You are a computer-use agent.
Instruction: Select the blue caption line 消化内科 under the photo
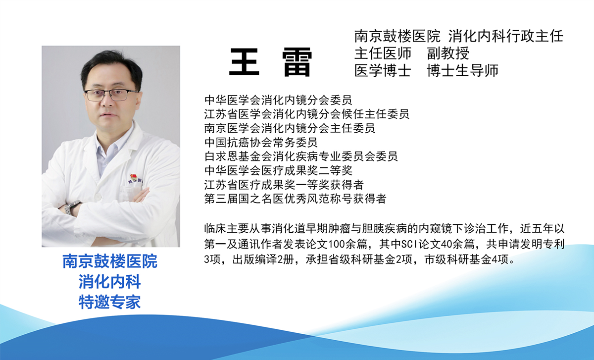click(110, 282)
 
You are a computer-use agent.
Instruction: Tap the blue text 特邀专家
click(110, 301)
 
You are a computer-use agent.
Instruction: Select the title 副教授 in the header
click(448, 53)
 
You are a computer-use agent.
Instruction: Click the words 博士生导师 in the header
click(462, 70)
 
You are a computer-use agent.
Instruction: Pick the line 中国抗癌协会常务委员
click(261, 143)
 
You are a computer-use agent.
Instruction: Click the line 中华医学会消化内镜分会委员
click(278, 100)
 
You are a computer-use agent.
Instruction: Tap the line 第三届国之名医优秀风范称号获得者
click(295, 199)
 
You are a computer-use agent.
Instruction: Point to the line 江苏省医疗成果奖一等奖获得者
click(284, 185)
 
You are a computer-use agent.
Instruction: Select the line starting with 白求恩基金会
click(301, 156)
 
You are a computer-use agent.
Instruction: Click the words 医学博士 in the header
click(383, 70)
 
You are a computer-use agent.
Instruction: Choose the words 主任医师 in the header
click(383, 53)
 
